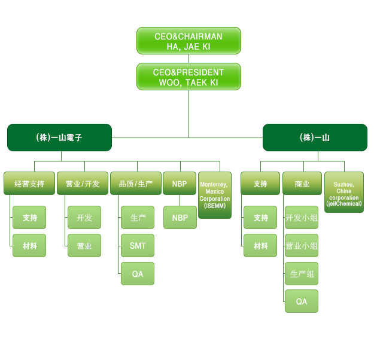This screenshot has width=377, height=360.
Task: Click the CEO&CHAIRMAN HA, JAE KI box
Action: click(188, 41)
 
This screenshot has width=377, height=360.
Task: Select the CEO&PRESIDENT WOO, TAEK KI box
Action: click(188, 77)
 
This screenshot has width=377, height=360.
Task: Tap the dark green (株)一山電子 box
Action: click(59, 138)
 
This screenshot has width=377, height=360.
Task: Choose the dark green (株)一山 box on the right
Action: click(315, 138)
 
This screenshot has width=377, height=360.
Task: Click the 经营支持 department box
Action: click(29, 184)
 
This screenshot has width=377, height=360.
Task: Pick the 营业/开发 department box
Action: click(83, 184)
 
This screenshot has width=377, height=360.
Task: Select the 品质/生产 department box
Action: click(136, 184)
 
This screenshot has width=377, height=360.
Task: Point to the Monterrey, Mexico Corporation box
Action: click(215, 195)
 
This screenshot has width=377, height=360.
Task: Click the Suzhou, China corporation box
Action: click(344, 193)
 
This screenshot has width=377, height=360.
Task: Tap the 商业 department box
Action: click(302, 184)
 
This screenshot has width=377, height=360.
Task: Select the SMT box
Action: click(138, 245)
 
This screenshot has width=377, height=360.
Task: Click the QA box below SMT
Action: click(138, 273)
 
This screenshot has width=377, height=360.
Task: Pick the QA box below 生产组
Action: click(302, 301)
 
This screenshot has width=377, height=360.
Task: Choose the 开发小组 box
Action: click(302, 218)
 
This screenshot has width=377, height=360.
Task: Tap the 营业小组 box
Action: click(302, 245)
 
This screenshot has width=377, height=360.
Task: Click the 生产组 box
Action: click(302, 273)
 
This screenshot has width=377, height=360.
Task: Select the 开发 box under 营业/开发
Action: click(84, 218)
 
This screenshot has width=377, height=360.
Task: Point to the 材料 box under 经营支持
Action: click(29, 245)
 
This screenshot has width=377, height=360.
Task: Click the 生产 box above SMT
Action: click(138, 218)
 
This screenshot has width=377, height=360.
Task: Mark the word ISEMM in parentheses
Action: click(215, 206)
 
